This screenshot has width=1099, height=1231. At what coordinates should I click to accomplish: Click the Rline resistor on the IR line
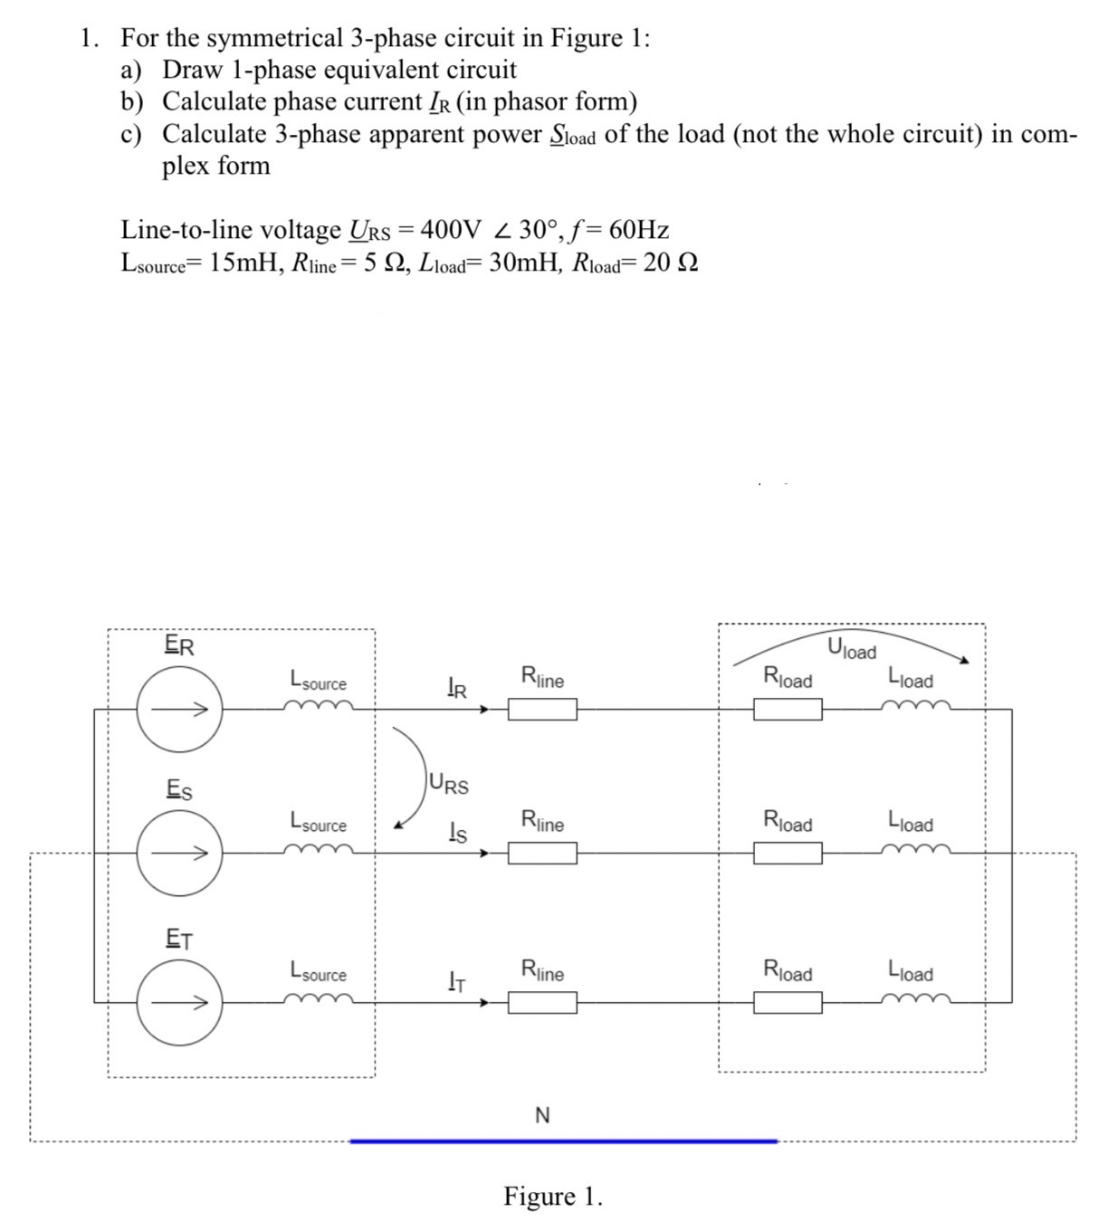point(541,710)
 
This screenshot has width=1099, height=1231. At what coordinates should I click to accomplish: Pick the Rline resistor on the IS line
point(541,853)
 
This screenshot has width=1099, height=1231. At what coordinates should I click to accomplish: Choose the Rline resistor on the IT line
point(541,1002)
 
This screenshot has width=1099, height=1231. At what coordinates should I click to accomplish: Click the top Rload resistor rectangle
point(788,710)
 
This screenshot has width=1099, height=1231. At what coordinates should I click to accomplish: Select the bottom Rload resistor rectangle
point(788,1002)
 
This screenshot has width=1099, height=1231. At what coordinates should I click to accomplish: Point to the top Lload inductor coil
point(919,706)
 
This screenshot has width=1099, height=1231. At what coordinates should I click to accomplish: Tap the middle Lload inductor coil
point(919,849)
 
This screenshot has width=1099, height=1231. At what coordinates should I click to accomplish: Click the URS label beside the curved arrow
point(450,784)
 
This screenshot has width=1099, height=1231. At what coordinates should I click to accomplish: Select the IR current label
point(457,690)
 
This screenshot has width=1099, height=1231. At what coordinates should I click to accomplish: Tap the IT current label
point(457,980)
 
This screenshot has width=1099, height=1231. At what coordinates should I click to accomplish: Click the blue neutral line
point(563,1141)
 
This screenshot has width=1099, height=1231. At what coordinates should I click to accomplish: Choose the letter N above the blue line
point(542,1115)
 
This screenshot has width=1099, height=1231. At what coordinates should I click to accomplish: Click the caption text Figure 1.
point(553,1197)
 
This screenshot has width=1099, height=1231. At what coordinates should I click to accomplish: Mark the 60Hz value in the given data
point(639,229)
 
